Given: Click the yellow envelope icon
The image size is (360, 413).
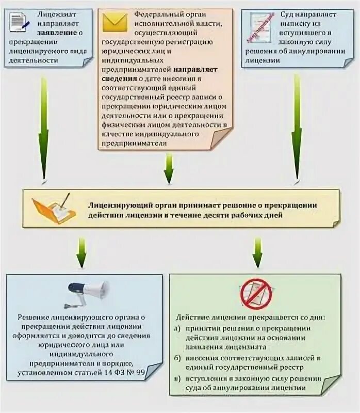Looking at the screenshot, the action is tap(114, 22).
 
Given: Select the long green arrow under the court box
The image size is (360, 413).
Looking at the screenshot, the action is tap(297, 129).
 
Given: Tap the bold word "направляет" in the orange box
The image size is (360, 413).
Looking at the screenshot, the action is tap(195, 68).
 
